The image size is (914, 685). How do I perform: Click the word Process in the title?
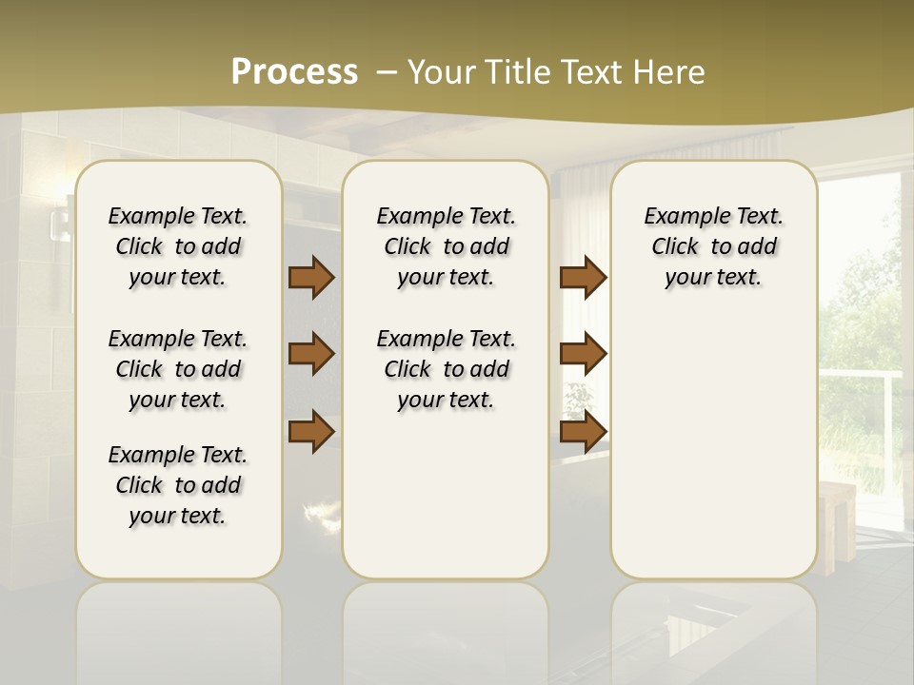point(294,72)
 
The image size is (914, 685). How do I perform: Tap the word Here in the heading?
point(670,72)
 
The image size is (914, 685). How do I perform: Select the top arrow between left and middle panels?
point(311,277)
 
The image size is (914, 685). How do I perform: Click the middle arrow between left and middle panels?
point(311,354)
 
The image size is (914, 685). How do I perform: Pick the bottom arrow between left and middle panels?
point(311,431)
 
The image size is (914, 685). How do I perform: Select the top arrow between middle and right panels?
point(583,277)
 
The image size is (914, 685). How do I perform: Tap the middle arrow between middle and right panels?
point(583,354)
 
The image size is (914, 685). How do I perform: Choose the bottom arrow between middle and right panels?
point(583,431)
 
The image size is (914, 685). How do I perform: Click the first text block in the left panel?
point(178,246)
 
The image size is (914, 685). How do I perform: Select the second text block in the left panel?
point(178,369)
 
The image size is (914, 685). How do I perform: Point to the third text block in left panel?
point(178,485)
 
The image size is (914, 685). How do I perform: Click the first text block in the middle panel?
point(447,246)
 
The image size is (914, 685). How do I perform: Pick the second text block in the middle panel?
point(447,369)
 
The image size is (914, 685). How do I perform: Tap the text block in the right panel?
point(714,246)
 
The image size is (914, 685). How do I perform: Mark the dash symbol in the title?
point(387,72)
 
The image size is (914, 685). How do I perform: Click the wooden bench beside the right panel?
point(838,523)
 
